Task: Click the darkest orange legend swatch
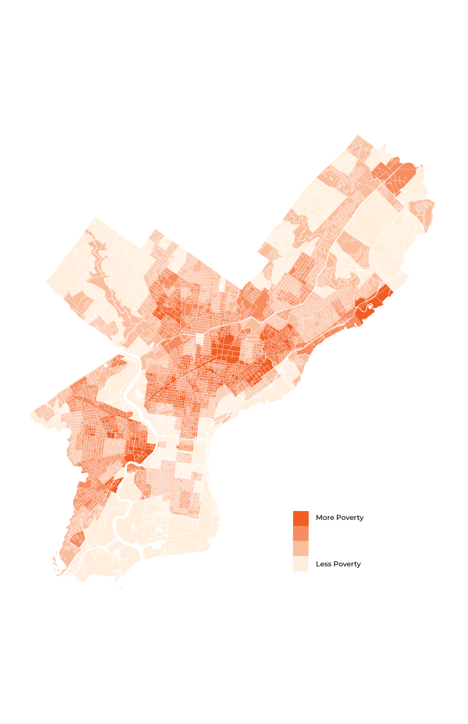[301, 518]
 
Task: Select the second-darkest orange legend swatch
[301, 534]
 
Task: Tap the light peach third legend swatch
[301, 549]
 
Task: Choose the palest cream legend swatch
[301, 564]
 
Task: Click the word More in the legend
[325, 518]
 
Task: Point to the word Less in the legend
[324, 564]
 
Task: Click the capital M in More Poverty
[319, 518]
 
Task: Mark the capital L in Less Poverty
[318, 564]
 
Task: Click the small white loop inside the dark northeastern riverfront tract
[370, 307]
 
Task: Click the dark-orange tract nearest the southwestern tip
[77, 538]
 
